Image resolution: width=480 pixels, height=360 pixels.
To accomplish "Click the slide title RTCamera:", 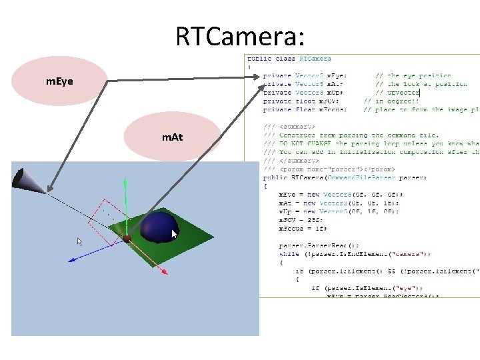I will (x=240, y=35).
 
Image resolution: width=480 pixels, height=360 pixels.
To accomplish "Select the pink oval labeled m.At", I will (x=172, y=137).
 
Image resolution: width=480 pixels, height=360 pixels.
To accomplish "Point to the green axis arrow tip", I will (x=125, y=181).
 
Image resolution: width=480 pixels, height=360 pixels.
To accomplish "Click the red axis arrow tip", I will (x=165, y=271).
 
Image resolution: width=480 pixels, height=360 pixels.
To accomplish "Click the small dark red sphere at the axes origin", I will (x=126, y=238).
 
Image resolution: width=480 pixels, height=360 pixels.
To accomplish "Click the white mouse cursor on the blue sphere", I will (x=175, y=234).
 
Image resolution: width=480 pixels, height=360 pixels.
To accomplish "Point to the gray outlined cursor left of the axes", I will (x=79, y=241).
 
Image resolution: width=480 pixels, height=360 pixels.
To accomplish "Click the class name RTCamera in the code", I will (x=315, y=59).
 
